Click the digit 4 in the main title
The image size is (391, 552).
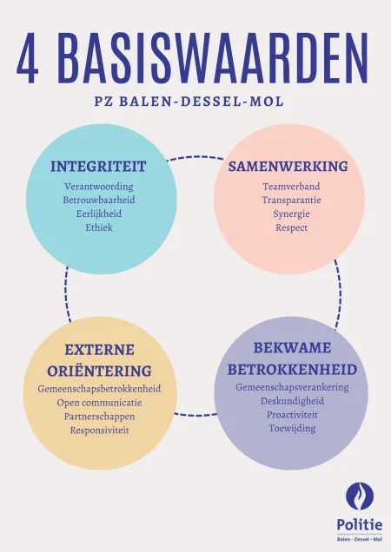click(x=28, y=58)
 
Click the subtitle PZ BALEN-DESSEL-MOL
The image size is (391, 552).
click(x=189, y=102)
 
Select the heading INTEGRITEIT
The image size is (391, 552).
click(x=98, y=166)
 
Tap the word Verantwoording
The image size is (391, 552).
click(x=99, y=187)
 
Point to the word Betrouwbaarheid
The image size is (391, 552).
click(x=99, y=200)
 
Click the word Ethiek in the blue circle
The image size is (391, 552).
click(x=99, y=227)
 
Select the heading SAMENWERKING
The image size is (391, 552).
click(x=288, y=166)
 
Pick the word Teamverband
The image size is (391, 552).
click(x=291, y=187)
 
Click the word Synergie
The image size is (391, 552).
click(x=291, y=214)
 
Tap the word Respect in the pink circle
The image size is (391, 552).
click(x=292, y=227)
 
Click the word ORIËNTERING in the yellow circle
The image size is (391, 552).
click(x=99, y=371)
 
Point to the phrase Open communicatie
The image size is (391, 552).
click(x=99, y=403)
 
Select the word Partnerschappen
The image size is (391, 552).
click(x=99, y=417)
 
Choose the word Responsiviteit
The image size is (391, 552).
click(x=99, y=430)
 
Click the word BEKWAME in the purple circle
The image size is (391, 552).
click(x=292, y=348)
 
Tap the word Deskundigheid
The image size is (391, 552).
click(x=292, y=401)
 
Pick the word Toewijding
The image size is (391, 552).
click(x=292, y=428)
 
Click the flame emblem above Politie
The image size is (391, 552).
click(x=360, y=496)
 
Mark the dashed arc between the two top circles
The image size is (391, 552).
click(x=195, y=157)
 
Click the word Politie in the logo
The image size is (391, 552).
click(x=360, y=525)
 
